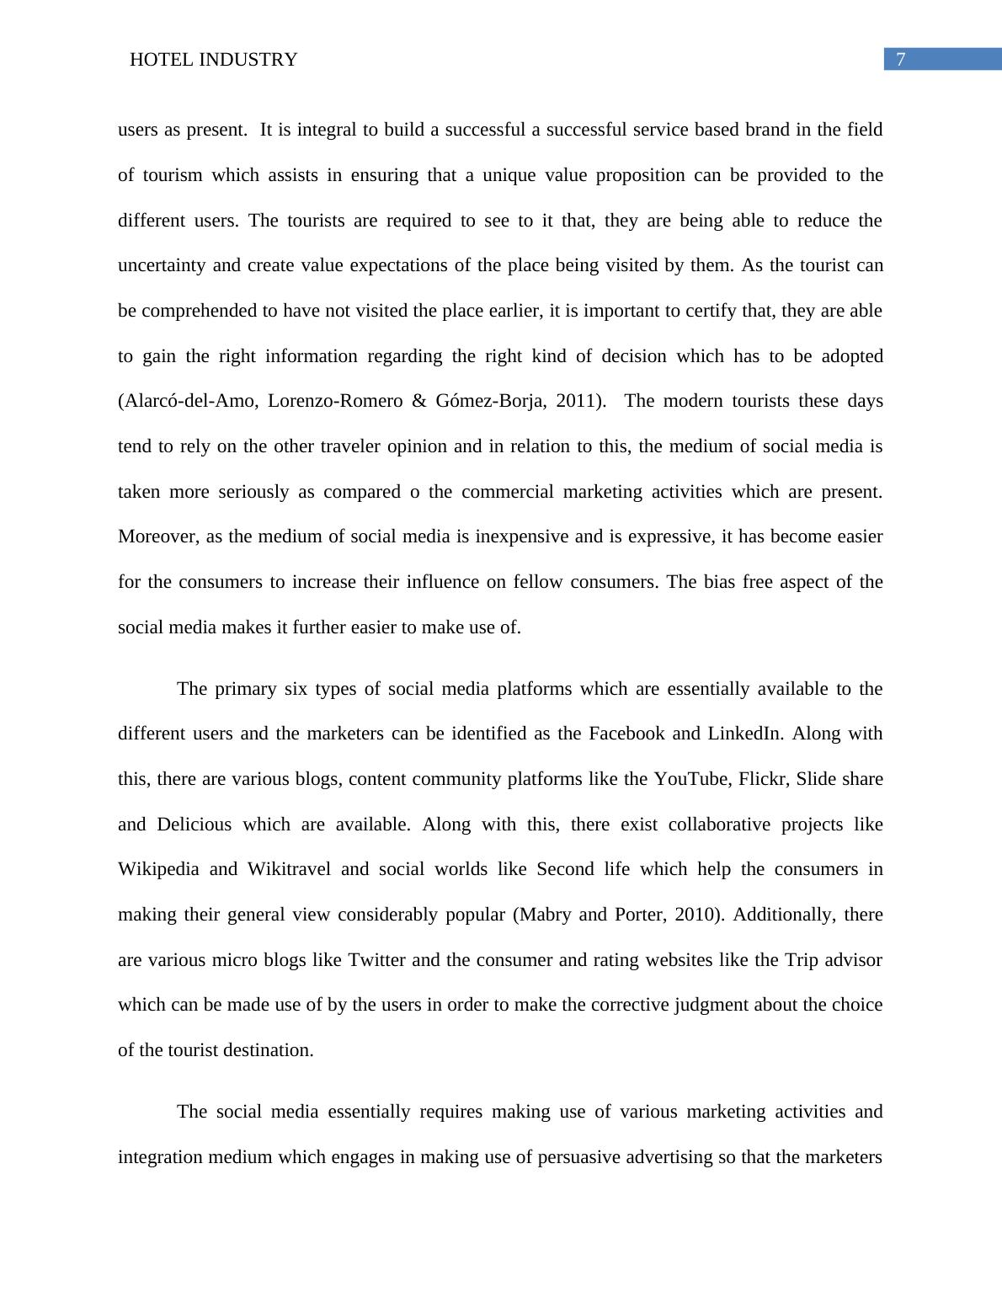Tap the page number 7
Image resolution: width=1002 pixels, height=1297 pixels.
click(x=901, y=59)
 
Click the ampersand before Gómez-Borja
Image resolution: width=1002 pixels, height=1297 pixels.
click(x=419, y=401)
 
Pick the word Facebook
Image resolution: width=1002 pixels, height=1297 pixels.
click(x=626, y=734)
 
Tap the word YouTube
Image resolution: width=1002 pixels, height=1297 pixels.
click(x=691, y=779)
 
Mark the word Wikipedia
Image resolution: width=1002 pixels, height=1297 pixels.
click(x=158, y=869)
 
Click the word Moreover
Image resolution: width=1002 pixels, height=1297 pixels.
click(x=157, y=536)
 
